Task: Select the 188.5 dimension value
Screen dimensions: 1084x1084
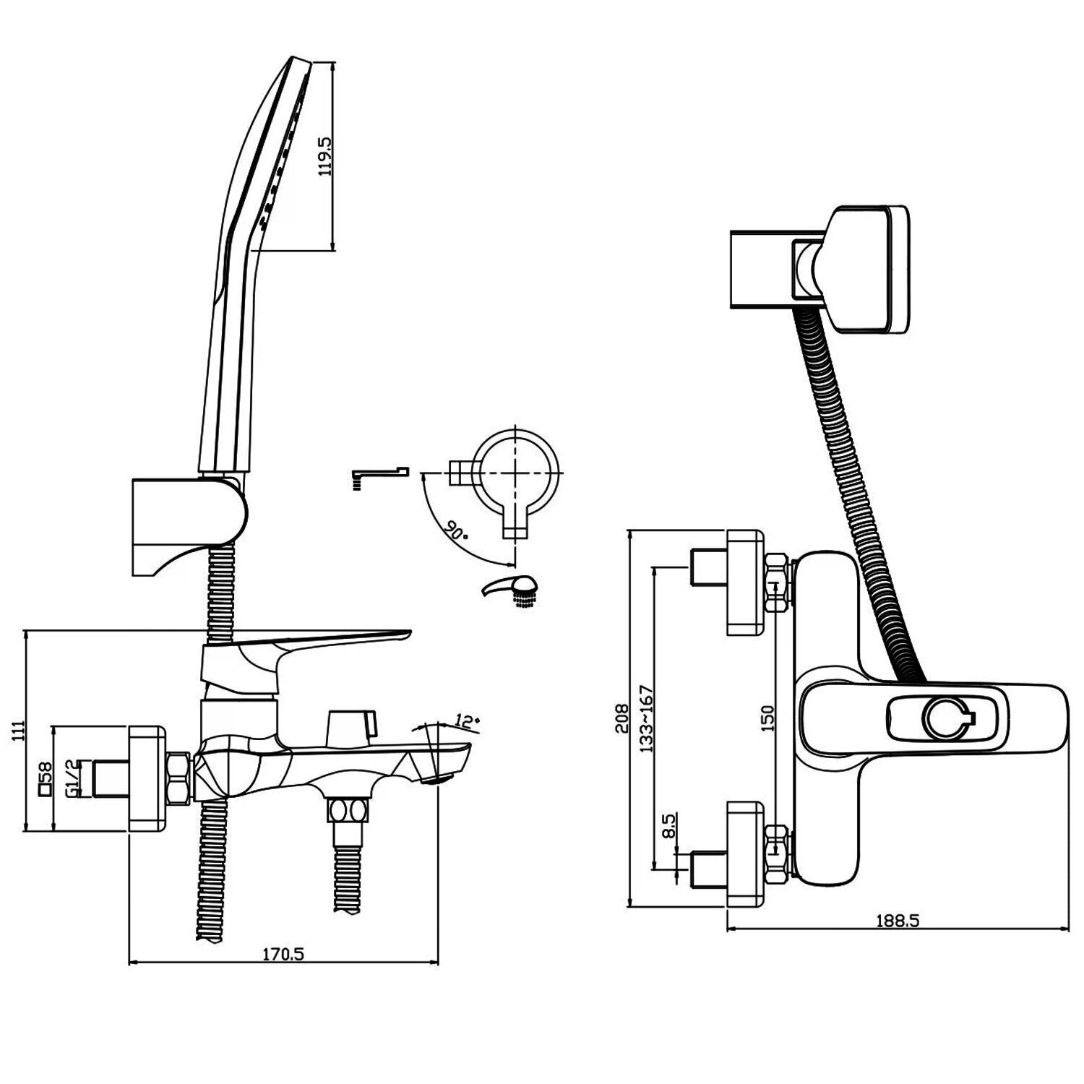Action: pyautogui.click(x=897, y=921)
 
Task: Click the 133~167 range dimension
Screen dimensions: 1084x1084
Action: pyautogui.click(x=646, y=719)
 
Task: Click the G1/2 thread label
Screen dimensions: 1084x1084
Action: pyautogui.click(x=72, y=778)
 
